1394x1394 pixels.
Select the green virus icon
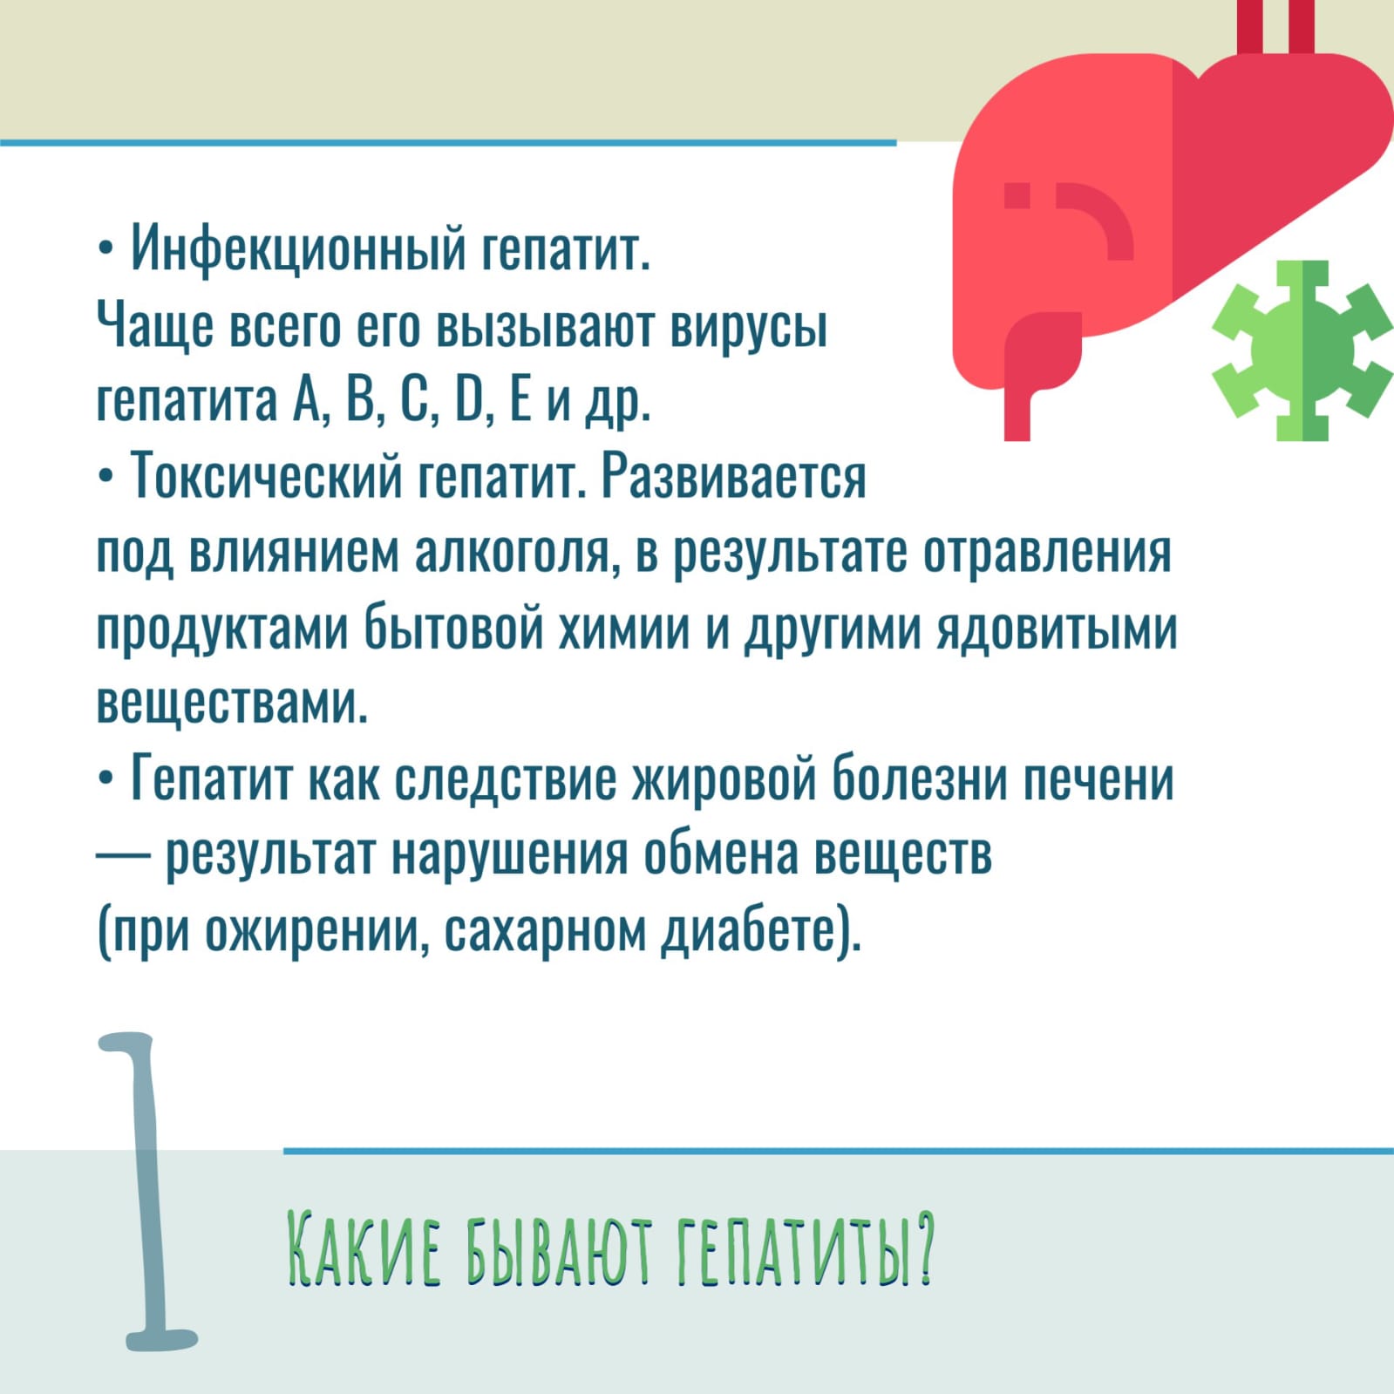1302,350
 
